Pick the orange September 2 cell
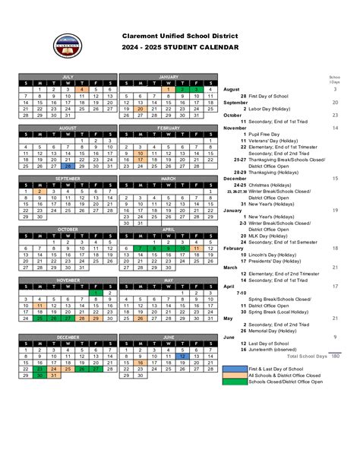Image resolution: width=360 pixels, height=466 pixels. (x=39, y=192)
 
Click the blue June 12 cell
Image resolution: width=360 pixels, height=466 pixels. (x=182, y=356)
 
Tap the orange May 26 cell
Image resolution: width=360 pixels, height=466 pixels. (x=139, y=318)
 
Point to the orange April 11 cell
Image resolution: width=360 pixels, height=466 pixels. (x=197, y=249)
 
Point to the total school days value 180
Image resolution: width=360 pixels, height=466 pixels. (x=335, y=356)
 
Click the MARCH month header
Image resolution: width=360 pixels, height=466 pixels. (x=168, y=178)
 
